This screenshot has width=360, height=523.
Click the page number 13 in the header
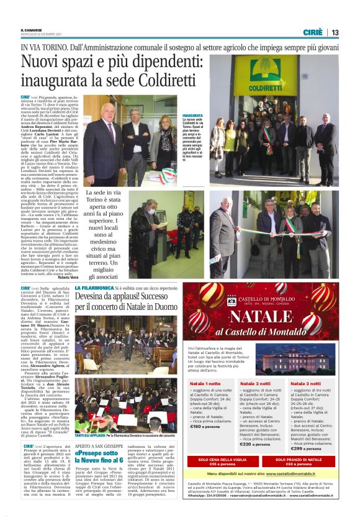click(x=335, y=32)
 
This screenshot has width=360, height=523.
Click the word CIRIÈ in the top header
click(x=313, y=32)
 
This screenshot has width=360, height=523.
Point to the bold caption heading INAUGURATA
click(x=192, y=116)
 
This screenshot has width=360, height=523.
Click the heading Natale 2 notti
click(x=253, y=384)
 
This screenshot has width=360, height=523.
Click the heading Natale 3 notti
click(x=304, y=384)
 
